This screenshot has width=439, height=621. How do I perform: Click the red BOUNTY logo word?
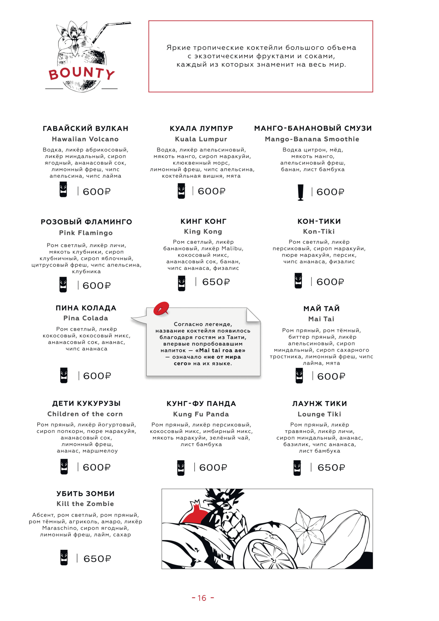(81, 73)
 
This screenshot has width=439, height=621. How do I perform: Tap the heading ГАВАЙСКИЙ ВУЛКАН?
(85, 129)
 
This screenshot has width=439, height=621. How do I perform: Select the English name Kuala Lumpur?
(201, 139)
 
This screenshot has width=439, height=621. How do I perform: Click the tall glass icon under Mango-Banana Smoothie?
(300, 192)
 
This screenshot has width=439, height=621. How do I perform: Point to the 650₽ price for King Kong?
(216, 282)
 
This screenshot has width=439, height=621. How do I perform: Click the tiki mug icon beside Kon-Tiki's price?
(298, 281)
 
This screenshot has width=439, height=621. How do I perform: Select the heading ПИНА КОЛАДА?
(86, 308)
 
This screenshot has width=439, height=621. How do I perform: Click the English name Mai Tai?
(321, 319)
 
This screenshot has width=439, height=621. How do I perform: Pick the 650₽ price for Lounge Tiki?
(331, 468)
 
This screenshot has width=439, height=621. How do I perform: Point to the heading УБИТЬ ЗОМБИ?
(85, 494)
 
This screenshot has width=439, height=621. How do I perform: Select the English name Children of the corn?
(85, 414)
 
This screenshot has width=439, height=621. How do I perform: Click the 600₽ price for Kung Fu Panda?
(213, 468)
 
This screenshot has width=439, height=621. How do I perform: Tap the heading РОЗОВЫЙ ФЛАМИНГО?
(86, 222)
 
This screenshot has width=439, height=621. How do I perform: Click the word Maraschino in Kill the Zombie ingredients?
(59, 528)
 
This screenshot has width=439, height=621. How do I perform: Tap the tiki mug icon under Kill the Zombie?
(64, 558)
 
